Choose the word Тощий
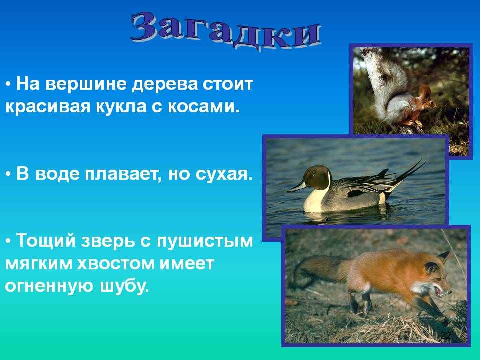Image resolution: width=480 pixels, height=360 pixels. (x=46, y=240)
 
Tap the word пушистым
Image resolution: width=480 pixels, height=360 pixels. (x=205, y=241)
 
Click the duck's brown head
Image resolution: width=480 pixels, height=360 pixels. (x=317, y=177)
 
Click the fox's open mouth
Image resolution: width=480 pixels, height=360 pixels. (x=440, y=291)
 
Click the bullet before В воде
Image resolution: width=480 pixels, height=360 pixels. (x=9, y=175)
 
